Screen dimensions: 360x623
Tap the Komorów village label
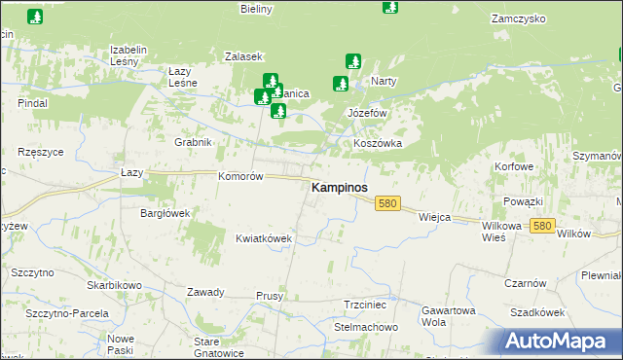240,177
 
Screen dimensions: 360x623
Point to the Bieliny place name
256,9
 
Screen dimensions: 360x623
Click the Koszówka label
378,143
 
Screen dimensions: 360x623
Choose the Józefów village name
368,113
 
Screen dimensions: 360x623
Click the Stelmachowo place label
366,327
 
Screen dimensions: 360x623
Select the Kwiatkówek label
264,237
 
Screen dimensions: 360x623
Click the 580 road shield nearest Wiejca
388,203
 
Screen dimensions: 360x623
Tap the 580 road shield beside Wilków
542,226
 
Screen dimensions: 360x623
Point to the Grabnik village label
193,142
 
